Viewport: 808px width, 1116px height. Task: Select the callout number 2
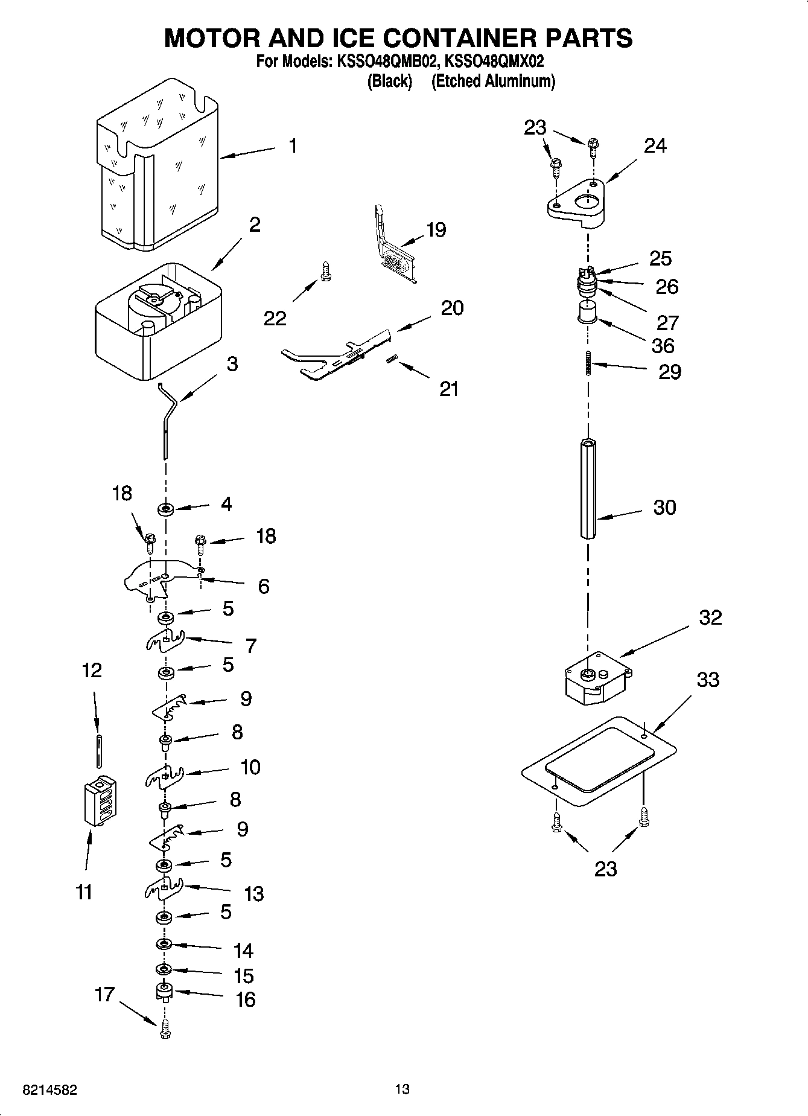click(255, 225)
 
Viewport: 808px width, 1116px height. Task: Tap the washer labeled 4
click(166, 510)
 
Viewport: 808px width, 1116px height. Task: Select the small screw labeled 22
click(326, 271)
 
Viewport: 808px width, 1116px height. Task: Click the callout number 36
click(663, 346)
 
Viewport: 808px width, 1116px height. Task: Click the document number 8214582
click(49, 1089)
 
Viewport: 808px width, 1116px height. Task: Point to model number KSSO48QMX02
click(494, 62)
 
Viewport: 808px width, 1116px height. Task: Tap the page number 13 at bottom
click(402, 1089)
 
